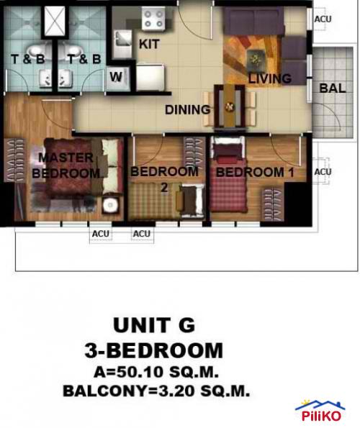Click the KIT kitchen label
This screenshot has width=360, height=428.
point(149,44)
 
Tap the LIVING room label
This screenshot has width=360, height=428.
point(269,78)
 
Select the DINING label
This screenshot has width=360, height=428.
point(187,110)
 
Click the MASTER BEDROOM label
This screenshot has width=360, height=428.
point(66,165)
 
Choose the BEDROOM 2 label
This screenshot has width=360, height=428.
point(164,178)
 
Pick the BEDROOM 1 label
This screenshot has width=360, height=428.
point(249,172)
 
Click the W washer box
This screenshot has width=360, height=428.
point(117,77)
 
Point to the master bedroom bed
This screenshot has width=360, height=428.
point(79,173)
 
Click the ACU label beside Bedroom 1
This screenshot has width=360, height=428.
point(323,172)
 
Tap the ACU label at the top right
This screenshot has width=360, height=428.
point(323,19)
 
